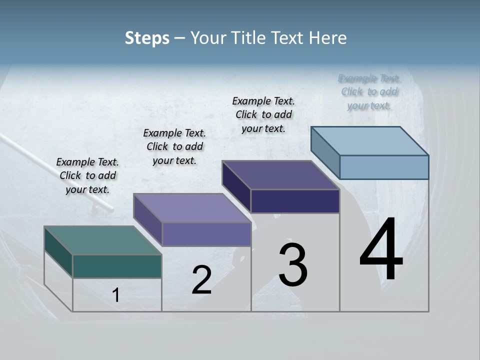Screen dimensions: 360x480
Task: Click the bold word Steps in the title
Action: [x=147, y=38]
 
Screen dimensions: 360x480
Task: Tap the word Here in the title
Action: [x=328, y=38]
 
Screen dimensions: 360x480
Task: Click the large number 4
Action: [x=381, y=250]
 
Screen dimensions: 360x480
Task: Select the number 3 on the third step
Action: [x=293, y=265]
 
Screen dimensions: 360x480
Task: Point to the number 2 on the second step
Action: [x=201, y=280]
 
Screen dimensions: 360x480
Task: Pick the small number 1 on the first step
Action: [x=116, y=295]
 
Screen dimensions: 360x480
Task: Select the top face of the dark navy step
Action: [x=280, y=175]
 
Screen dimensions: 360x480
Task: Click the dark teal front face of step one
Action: [x=117, y=266]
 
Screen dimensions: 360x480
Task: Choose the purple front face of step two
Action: [x=206, y=234]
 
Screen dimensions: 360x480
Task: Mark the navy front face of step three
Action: [x=295, y=201]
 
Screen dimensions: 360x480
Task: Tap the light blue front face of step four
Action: [x=384, y=167]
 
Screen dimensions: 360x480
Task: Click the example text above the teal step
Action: [x=88, y=175]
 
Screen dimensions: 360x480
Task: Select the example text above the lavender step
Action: [x=174, y=146]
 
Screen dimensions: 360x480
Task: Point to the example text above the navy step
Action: [x=263, y=114]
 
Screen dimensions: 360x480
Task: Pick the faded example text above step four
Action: [x=369, y=92]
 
